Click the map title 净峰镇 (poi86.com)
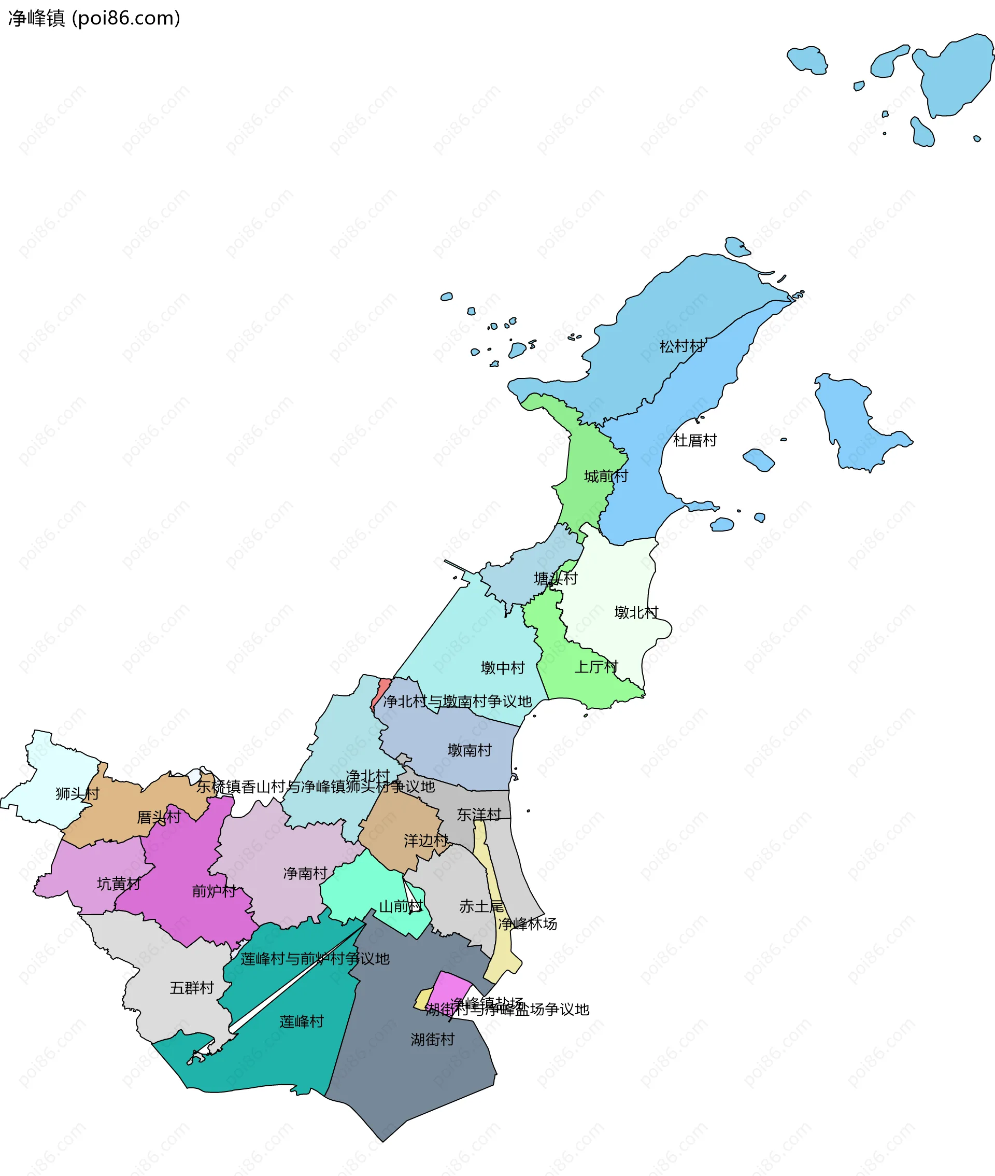[x=94, y=19]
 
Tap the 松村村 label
[x=682, y=346]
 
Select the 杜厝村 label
[x=695, y=440]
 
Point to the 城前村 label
[x=606, y=477]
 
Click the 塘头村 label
[x=556, y=578]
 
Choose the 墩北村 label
[x=636, y=612]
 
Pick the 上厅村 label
[x=596, y=667]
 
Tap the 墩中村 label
[x=503, y=668]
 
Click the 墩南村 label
[x=470, y=750]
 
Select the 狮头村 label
[x=77, y=793]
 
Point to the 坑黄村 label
[x=119, y=884]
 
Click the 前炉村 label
[x=214, y=891]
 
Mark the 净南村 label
[x=305, y=874]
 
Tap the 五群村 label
[x=192, y=988]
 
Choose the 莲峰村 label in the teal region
[x=302, y=1021]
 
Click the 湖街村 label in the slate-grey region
[x=433, y=1040]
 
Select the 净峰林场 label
[x=528, y=924]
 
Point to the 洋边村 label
[x=426, y=841]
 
